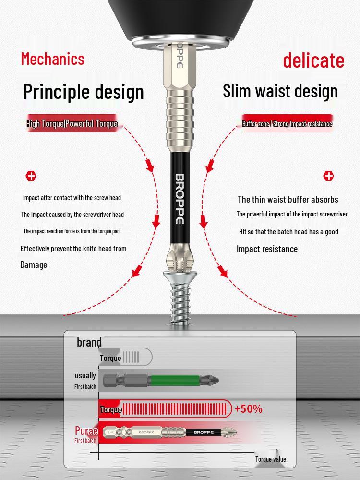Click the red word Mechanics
(52, 59)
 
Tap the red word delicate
(313, 60)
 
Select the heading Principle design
(84, 91)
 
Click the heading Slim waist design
(280, 91)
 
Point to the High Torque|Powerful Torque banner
(72, 124)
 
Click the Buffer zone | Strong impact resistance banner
(287, 124)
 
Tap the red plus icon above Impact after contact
(31, 176)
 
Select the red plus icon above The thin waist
(329, 176)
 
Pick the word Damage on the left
(34, 264)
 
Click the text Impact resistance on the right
(267, 249)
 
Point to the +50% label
(248, 409)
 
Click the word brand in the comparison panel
(89, 342)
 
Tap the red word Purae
(86, 431)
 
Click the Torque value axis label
(270, 459)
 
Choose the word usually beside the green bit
(85, 375)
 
